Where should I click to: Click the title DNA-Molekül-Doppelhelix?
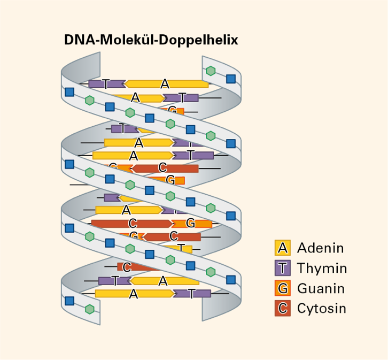tap(151, 40)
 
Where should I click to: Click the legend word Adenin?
tap(320, 248)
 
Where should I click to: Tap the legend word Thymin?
tap(322, 268)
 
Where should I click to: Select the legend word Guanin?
tap(321, 288)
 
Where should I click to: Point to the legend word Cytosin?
tap(322, 309)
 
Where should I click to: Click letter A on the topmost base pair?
tap(165, 83)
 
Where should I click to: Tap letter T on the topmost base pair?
tap(106, 83)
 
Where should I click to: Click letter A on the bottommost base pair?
tap(134, 293)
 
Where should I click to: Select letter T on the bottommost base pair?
tap(192, 293)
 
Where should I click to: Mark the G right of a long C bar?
tap(190, 223)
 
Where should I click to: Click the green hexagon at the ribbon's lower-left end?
tap(90, 309)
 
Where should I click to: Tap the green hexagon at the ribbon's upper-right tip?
tap(211, 71)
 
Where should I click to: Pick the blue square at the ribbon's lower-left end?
tap(69, 301)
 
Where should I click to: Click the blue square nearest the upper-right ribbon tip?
tap(231, 79)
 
